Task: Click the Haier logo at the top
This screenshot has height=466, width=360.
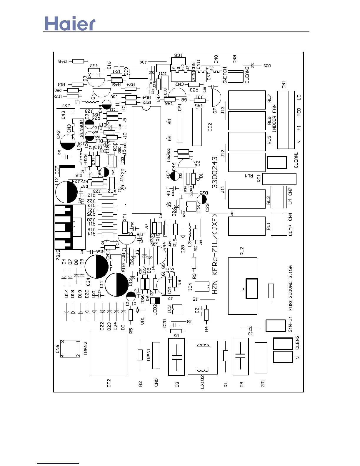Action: pos(70,24)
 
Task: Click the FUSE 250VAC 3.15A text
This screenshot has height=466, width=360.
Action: pos(291,288)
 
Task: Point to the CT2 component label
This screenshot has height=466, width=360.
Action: pos(109,383)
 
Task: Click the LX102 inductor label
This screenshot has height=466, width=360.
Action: pos(202,382)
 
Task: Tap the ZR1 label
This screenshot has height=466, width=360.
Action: pos(263,383)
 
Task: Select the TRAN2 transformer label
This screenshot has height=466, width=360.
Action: pos(86,348)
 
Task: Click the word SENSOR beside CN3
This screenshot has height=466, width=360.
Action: pos(81,129)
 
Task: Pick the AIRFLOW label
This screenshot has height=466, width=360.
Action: pos(124,262)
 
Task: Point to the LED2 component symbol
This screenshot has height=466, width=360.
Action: pos(155,301)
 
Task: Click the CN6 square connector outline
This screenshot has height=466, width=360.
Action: pos(70,349)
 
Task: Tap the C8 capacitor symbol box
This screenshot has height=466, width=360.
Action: pos(176,357)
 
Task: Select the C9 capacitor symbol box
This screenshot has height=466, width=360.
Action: pos(241,356)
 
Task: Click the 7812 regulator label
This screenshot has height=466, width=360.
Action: pos(58,255)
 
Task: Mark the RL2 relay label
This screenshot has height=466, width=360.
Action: pos(242,251)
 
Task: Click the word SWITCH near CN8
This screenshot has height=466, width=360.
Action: pos(225,75)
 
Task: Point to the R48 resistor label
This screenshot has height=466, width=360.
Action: pos(62,61)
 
